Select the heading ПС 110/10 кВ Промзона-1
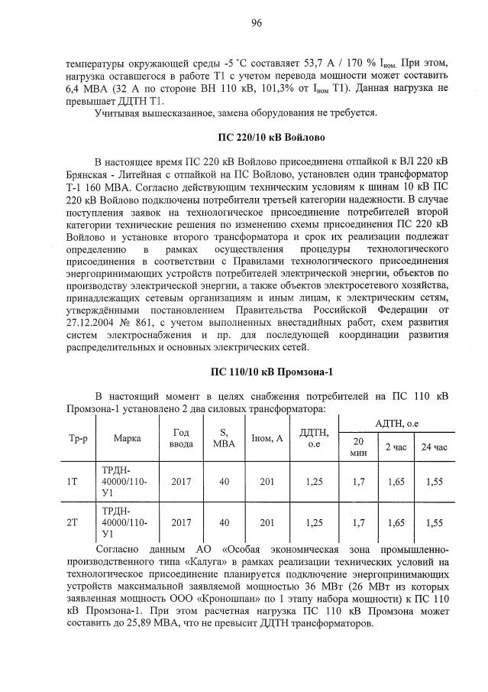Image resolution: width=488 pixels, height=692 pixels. pyautogui.click(x=272, y=372)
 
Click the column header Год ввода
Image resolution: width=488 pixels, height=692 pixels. pyautogui.click(x=182, y=439)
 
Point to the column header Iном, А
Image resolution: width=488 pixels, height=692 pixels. pyautogui.click(x=267, y=439)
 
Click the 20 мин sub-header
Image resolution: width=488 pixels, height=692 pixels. pyautogui.click(x=358, y=447)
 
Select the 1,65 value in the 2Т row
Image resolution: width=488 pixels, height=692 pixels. pyautogui.click(x=395, y=523)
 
